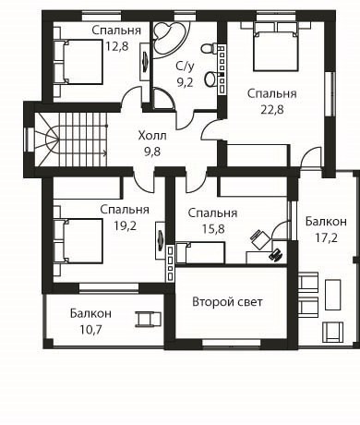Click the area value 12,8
(117, 46)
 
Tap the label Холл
(152, 136)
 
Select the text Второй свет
(227, 302)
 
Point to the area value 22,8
(272, 109)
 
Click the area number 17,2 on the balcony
(326, 237)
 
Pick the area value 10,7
(90, 330)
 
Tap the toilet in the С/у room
(210, 48)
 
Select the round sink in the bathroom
(211, 79)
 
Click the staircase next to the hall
(71, 140)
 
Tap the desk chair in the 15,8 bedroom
(260, 239)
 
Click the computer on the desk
(276, 255)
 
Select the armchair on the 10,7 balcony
(149, 319)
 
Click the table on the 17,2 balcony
(333, 295)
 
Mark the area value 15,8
(213, 229)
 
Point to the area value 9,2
(185, 82)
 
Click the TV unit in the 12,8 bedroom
(145, 62)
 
